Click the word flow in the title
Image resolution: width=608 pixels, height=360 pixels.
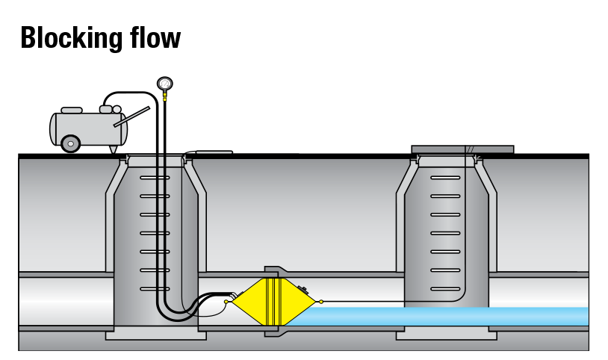click(x=155, y=37)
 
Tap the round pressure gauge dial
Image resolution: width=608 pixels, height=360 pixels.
click(x=164, y=84)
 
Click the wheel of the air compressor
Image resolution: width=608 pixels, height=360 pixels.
click(x=71, y=143)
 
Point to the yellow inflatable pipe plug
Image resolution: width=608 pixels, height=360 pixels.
click(x=273, y=302)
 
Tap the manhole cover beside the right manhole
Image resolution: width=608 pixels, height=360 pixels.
click(x=463, y=149)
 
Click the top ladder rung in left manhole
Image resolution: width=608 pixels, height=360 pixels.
click(x=155, y=178)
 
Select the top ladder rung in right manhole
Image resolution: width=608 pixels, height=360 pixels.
click(x=446, y=178)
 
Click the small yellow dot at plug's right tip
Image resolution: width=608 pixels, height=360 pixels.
click(x=321, y=302)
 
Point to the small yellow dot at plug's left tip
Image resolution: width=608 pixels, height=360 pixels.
click(x=226, y=302)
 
